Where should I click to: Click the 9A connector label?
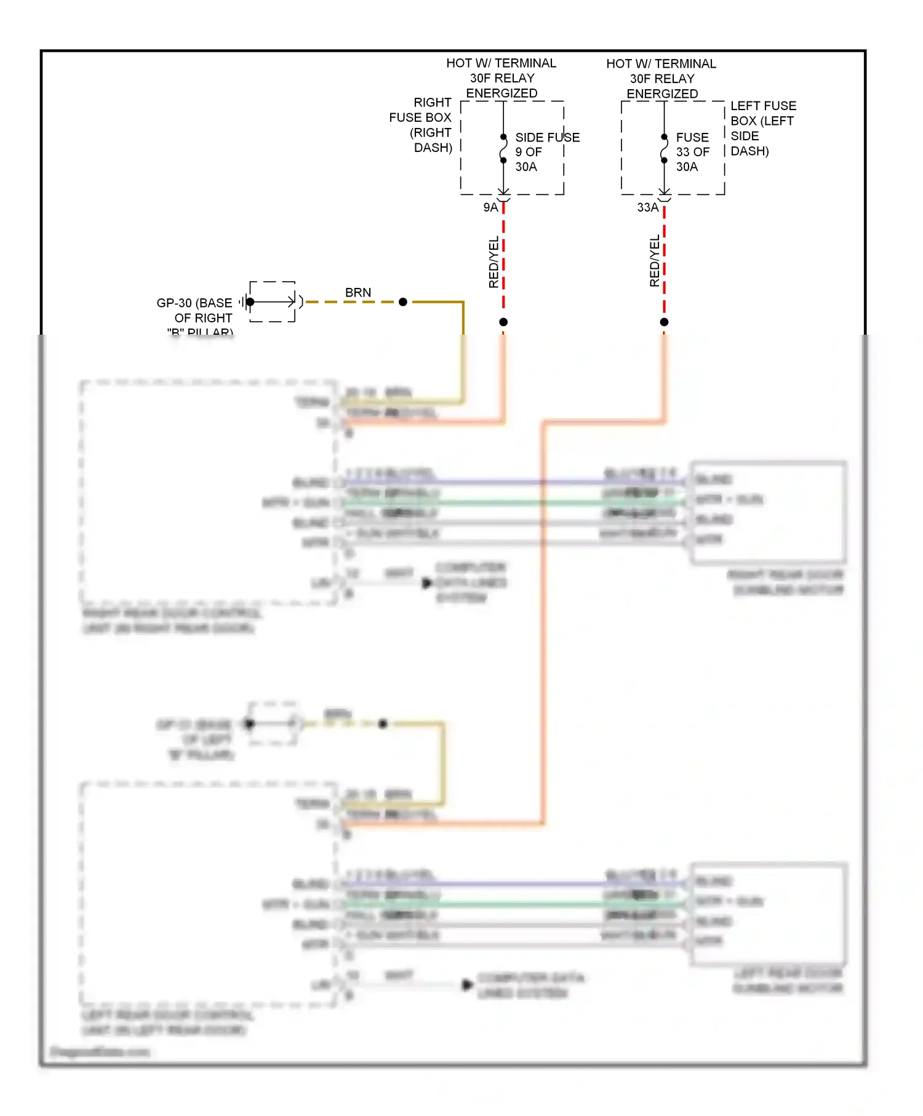pyautogui.click(x=490, y=208)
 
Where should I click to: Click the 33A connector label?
pyautogui.click(x=647, y=208)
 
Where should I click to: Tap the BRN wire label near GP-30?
pyautogui.click(x=358, y=293)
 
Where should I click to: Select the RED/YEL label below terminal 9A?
pyautogui.click(x=493, y=262)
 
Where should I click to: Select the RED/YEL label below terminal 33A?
pyautogui.click(x=654, y=261)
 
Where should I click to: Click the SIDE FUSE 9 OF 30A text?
pyautogui.click(x=546, y=152)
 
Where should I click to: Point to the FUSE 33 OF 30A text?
pyautogui.click(x=692, y=152)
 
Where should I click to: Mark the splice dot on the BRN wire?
pyautogui.click(x=403, y=302)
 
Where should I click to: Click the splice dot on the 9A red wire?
pyautogui.click(x=503, y=322)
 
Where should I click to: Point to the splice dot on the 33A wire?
pyautogui.click(x=664, y=322)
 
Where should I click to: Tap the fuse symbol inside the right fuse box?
pyautogui.click(x=503, y=149)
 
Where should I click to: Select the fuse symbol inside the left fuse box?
pyautogui.click(x=664, y=149)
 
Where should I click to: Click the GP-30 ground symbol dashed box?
pyautogui.click(x=272, y=301)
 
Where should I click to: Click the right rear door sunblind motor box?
pyautogui.click(x=767, y=512)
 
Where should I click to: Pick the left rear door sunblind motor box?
pyautogui.click(x=769, y=914)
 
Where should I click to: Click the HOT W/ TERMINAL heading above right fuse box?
pyautogui.click(x=501, y=78)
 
